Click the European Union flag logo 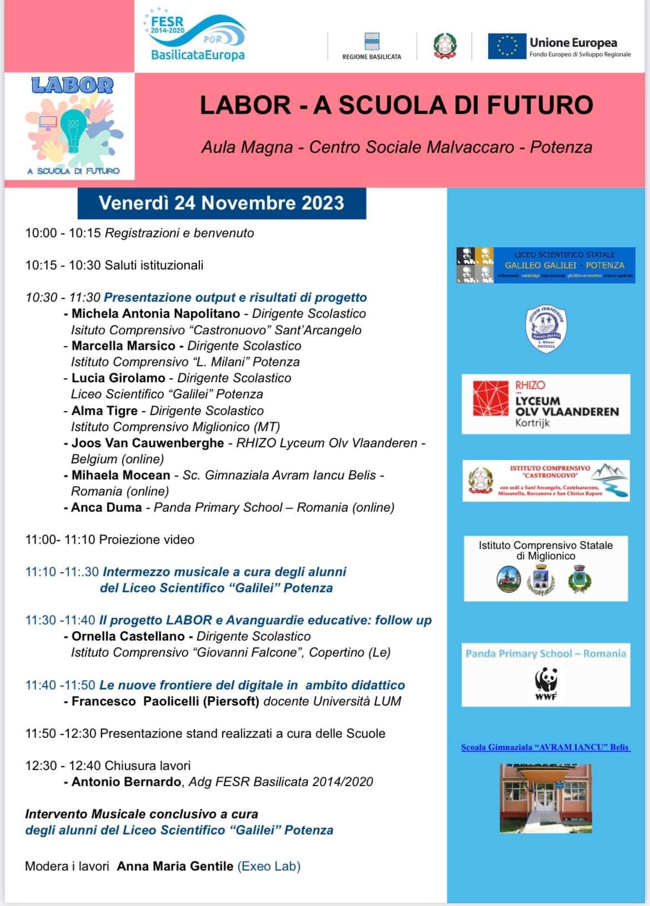coord(507,46)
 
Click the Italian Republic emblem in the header coord(444,46)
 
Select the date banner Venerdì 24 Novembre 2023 coord(221,203)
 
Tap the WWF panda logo coord(546,684)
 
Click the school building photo coord(546,798)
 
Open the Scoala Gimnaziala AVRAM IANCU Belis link coord(545,747)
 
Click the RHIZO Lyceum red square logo coord(491,398)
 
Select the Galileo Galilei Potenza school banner coord(546,266)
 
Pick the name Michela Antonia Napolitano coord(156,314)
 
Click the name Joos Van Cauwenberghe coord(148,443)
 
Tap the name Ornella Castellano coord(128,637)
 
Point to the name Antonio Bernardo coord(126,782)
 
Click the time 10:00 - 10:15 coord(63,233)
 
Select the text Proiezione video coord(147,540)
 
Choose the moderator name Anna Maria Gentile coord(175,867)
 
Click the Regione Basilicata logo coord(372,46)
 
